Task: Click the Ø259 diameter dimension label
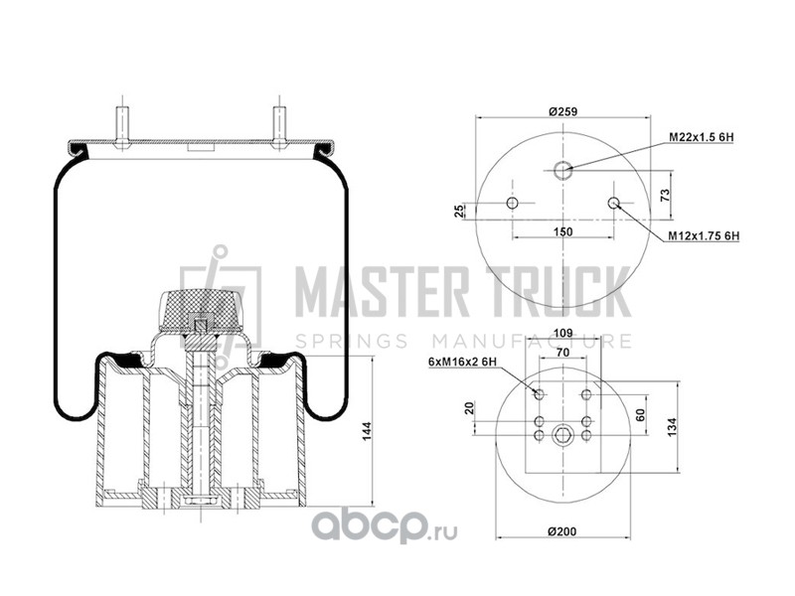click(x=562, y=111)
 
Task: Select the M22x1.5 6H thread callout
click(x=702, y=137)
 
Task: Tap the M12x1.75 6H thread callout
click(x=704, y=235)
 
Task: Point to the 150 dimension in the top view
click(x=562, y=231)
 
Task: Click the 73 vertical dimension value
click(x=665, y=195)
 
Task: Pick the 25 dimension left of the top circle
click(x=458, y=211)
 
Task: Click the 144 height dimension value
click(x=367, y=431)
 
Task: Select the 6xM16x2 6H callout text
click(x=462, y=362)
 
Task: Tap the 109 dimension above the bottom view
click(x=562, y=333)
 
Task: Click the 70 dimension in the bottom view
click(x=562, y=352)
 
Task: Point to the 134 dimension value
click(x=673, y=427)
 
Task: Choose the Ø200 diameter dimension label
click(x=562, y=531)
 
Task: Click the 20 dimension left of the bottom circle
click(x=469, y=408)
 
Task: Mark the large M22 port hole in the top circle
click(x=562, y=170)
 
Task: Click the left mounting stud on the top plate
click(x=121, y=128)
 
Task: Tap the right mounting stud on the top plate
click(x=279, y=128)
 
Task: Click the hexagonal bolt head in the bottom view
click(x=562, y=435)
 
